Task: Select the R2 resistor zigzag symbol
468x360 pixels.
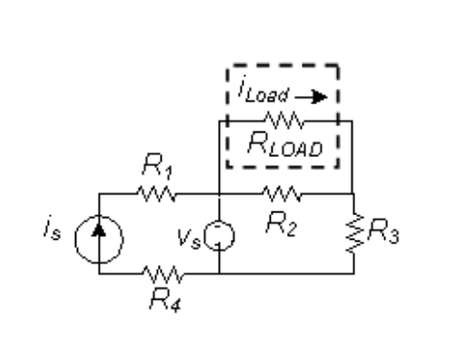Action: [x=281, y=195]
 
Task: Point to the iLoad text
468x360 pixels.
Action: [x=259, y=95]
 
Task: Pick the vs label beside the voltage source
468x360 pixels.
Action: [x=192, y=230]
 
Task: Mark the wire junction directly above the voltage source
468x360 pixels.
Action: [x=218, y=195]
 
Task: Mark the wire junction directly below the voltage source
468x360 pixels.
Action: [x=218, y=274]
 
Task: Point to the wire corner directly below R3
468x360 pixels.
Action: [x=353, y=274]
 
